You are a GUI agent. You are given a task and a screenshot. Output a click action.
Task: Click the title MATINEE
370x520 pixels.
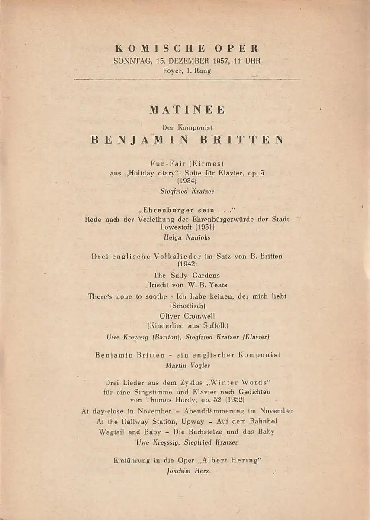[x=187, y=110]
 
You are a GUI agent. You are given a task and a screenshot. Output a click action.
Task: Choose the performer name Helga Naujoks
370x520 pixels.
[x=187, y=237]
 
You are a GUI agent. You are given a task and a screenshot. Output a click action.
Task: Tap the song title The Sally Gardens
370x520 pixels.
[x=187, y=275]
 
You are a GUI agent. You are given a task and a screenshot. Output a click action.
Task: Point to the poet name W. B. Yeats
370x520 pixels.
[x=207, y=285]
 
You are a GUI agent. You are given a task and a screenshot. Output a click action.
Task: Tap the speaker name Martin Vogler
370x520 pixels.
[x=187, y=365]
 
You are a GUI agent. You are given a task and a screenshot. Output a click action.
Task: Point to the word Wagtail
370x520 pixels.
[x=113, y=432]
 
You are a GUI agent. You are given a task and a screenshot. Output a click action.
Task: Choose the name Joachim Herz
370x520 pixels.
[x=187, y=471]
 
